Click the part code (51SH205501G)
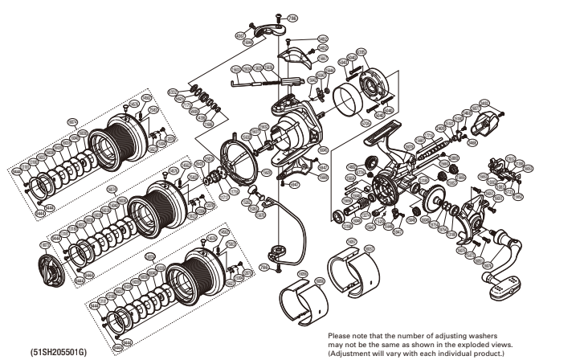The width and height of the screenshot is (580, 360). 55,350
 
